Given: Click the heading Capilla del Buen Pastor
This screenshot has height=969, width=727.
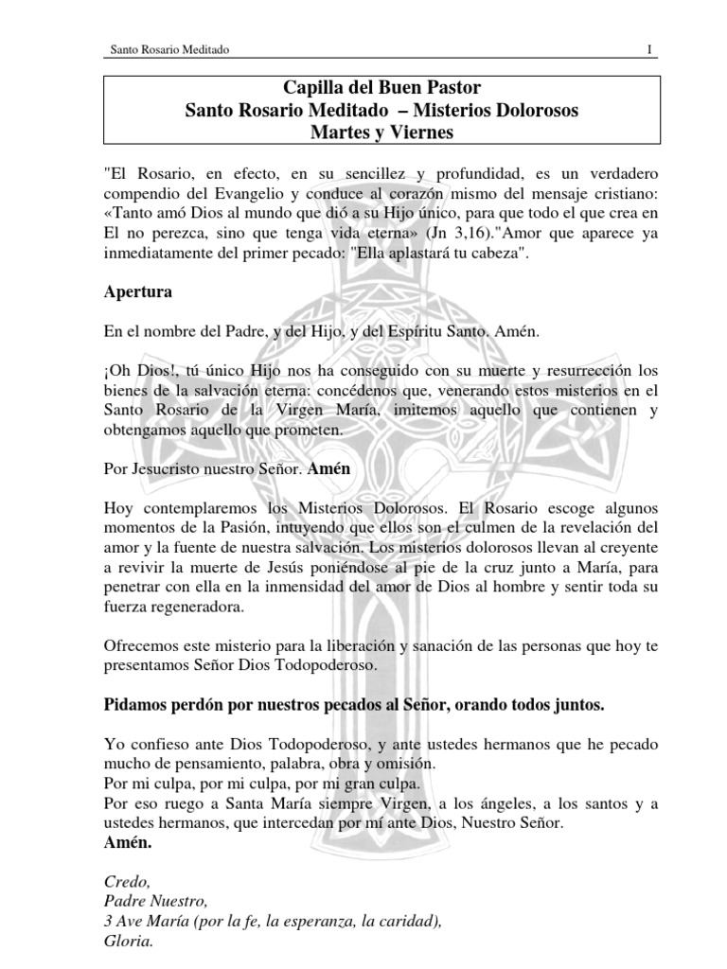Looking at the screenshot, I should pos(368,89).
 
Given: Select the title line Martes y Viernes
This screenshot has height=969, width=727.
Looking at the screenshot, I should pos(368,133).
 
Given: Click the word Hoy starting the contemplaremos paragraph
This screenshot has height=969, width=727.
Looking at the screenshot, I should pos(119,508).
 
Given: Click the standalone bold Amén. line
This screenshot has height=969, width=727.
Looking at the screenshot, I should pos(126,841).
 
